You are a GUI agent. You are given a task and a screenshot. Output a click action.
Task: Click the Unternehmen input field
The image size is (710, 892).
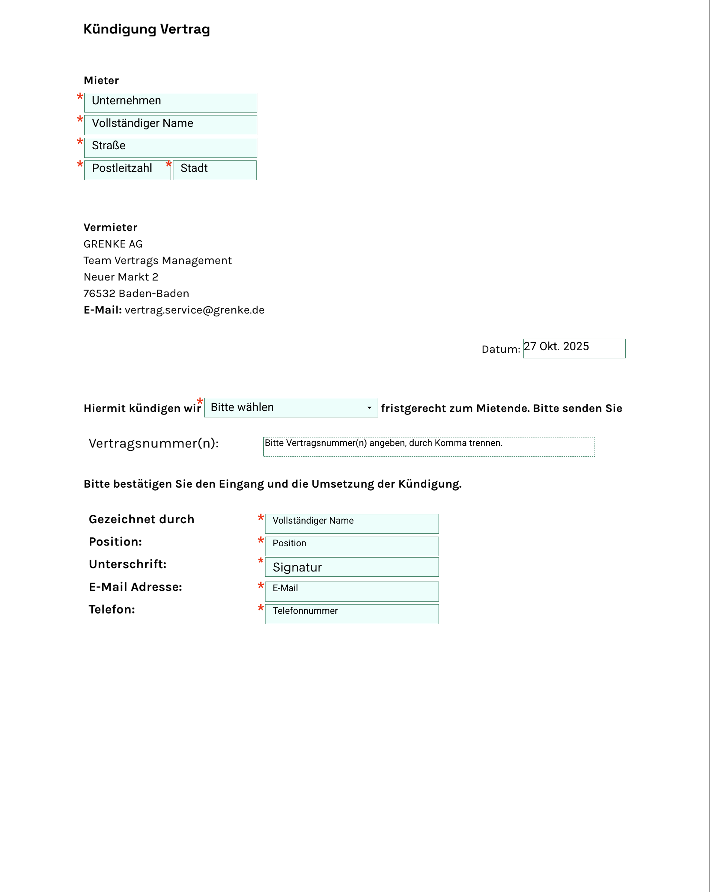(x=170, y=102)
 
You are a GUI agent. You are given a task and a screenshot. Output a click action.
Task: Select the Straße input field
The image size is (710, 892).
(x=170, y=147)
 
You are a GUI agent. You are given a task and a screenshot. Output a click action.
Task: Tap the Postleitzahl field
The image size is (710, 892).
(x=127, y=170)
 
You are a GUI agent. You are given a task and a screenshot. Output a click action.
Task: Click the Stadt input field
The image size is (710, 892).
(x=214, y=170)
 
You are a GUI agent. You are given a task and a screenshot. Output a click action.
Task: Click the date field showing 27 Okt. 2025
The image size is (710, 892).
(x=574, y=348)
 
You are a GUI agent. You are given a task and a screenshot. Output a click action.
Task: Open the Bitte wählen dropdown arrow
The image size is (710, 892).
(x=369, y=408)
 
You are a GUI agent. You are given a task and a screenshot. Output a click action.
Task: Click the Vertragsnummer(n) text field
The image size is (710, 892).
(x=429, y=447)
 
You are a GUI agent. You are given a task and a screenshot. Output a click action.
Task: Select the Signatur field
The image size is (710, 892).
(x=352, y=567)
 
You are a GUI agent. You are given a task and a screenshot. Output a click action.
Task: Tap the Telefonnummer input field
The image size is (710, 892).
(x=352, y=614)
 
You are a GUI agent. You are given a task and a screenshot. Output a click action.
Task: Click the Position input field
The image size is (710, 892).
(x=352, y=546)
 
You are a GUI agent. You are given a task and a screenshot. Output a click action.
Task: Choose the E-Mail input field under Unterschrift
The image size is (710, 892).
(x=352, y=591)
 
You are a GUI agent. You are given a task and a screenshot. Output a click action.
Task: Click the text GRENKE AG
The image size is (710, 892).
(x=113, y=244)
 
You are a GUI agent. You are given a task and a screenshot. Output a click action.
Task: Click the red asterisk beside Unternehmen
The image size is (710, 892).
(x=80, y=97)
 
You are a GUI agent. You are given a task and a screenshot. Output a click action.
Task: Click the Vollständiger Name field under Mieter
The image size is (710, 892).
(x=170, y=125)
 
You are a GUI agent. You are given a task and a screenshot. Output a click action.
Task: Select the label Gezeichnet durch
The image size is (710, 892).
(x=141, y=520)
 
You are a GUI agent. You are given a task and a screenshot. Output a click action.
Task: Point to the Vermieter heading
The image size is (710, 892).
(x=110, y=228)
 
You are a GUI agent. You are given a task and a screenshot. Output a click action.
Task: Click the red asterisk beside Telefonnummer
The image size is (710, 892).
(x=261, y=608)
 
